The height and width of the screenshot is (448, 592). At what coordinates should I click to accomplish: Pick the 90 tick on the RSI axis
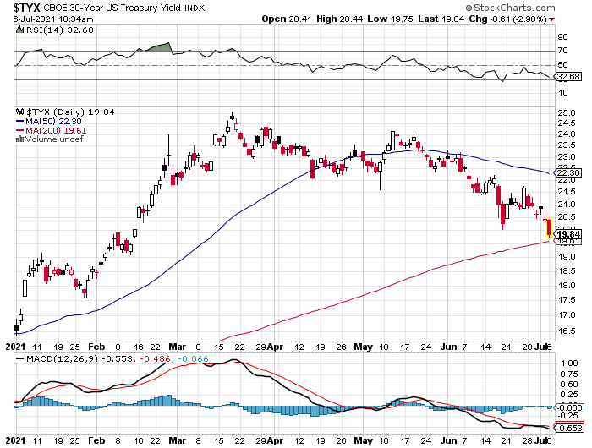point(562,37)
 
